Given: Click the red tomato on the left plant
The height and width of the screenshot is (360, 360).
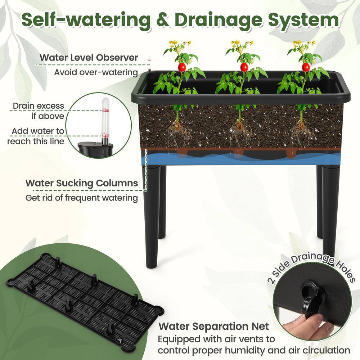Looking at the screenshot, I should tap(182, 67).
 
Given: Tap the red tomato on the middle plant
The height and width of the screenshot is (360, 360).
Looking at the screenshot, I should tap(244, 67).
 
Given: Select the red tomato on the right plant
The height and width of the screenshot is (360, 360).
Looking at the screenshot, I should tap(306, 67).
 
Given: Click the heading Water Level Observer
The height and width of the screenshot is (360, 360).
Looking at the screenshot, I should tap(89, 57).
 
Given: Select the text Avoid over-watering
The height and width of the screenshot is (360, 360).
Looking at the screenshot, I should tap(96, 72).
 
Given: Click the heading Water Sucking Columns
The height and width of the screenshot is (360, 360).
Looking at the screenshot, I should tap(82, 183).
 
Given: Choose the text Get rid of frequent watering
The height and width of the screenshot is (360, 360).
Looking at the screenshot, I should tap(82, 198).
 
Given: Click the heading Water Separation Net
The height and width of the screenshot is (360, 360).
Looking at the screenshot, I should tap(214, 327).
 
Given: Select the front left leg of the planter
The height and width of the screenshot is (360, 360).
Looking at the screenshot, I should tap(152, 216).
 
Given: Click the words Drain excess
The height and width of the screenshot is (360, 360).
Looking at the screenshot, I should tap(39, 106).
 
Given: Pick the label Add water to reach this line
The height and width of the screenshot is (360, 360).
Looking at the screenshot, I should tap(36, 136).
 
